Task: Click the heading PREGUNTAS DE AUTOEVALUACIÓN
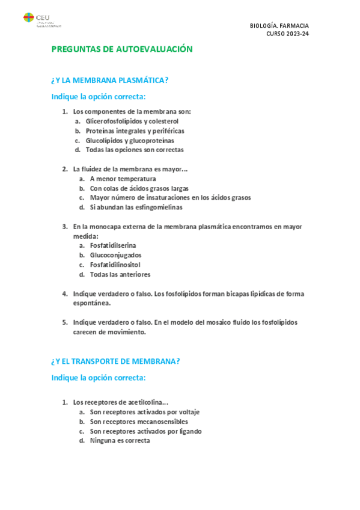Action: coord(122,49)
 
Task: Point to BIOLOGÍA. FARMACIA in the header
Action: coord(279,26)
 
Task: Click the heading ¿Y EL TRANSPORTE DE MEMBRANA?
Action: coord(116,361)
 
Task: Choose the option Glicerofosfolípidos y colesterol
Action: coord(132,121)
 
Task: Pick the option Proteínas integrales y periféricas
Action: coord(135,131)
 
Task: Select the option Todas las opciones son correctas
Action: coord(135,150)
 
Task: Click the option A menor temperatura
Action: coord(123,179)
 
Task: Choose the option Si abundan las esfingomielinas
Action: coord(136,207)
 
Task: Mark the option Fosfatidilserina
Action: coord(113,245)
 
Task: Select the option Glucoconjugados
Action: coord(116,255)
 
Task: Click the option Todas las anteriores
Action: coord(120,274)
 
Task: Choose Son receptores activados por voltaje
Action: coord(144,412)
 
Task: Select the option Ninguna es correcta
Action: coord(120,441)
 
